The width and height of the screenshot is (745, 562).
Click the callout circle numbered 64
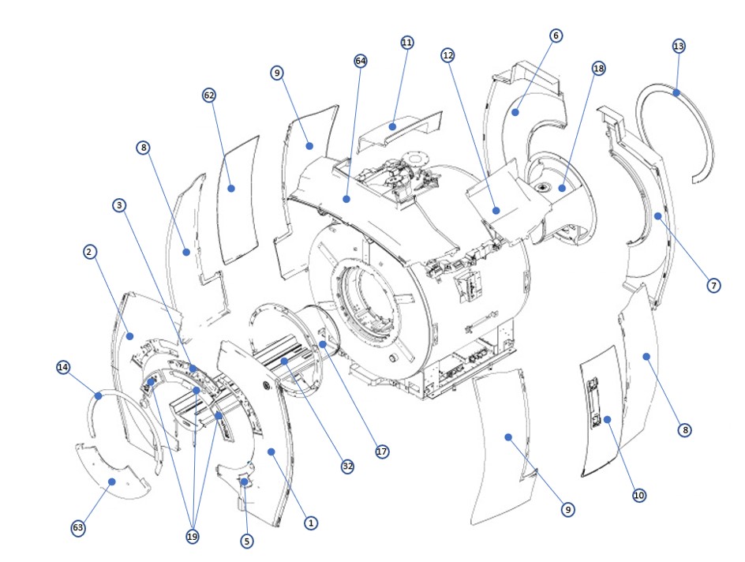click(x=361, y=61)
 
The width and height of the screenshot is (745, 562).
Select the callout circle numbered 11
click(x=407, y=43)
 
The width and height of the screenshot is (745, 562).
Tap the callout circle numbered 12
click(x=448, y=55)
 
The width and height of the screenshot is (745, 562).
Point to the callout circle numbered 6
click(x=556, y=36)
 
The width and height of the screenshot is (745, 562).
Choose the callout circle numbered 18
click(x=598, y=69)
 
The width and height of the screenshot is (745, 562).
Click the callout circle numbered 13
click(x=679, y=46)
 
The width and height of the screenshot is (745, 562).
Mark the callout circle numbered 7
click(x=713, y=285)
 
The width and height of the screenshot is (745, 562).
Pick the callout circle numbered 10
click(x=639, y=495)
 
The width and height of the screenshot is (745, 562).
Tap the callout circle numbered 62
click(x=209, y=95)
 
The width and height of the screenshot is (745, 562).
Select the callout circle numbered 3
click(x=118, y=205)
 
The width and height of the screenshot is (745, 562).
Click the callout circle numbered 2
click(x=89, y=252)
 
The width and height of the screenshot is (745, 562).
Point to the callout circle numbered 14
click(x=63, y=367)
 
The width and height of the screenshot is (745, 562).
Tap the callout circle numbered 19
click(x=192, y=537)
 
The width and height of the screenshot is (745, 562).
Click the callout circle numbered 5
click(x=247, y=541)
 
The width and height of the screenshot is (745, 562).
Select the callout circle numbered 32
click(x=347, y=466)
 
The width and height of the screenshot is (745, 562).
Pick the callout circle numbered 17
click(x=382, y=452)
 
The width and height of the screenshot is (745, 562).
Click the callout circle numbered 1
click(x=311, y=523)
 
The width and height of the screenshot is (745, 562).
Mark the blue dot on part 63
click(x=112, y=481)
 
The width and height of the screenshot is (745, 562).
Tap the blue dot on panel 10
click(x=608, y=420)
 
